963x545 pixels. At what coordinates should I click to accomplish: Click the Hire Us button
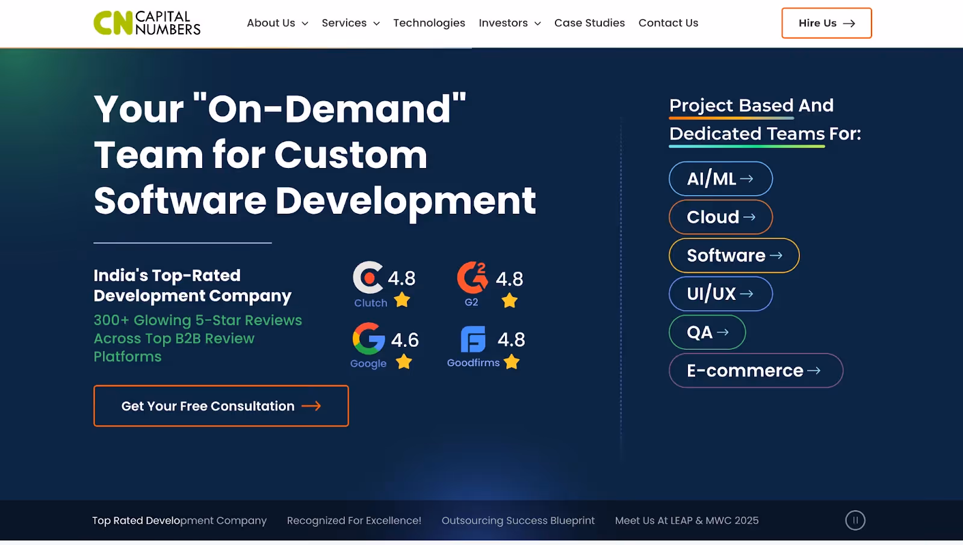[826, 23]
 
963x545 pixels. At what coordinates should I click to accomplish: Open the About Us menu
[277, 23]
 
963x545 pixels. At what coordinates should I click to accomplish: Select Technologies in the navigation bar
[429, 23]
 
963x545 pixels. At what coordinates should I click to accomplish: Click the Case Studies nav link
[589, 23]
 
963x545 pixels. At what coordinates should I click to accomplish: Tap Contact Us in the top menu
[668, 23]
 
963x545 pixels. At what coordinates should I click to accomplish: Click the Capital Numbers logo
[147, 23]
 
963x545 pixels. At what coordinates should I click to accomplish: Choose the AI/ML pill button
[720, 178]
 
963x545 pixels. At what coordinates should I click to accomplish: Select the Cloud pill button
[720, 217]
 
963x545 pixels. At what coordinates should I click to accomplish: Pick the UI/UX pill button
[720, 294]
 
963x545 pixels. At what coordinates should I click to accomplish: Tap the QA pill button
[707, 332]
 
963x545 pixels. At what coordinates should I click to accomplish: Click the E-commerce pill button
[756, 370]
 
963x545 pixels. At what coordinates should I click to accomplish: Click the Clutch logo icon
[368, 278]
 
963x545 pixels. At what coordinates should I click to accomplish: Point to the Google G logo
[368, 338]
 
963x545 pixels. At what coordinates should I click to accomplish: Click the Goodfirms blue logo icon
[473, 339]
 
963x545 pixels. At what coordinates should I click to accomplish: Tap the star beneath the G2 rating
[509, 301]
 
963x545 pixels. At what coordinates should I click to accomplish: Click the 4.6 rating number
[404, 340]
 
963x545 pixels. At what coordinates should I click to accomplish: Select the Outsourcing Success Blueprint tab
[518, 520]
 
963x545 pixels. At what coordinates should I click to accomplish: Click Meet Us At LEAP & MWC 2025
[687, 520]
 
